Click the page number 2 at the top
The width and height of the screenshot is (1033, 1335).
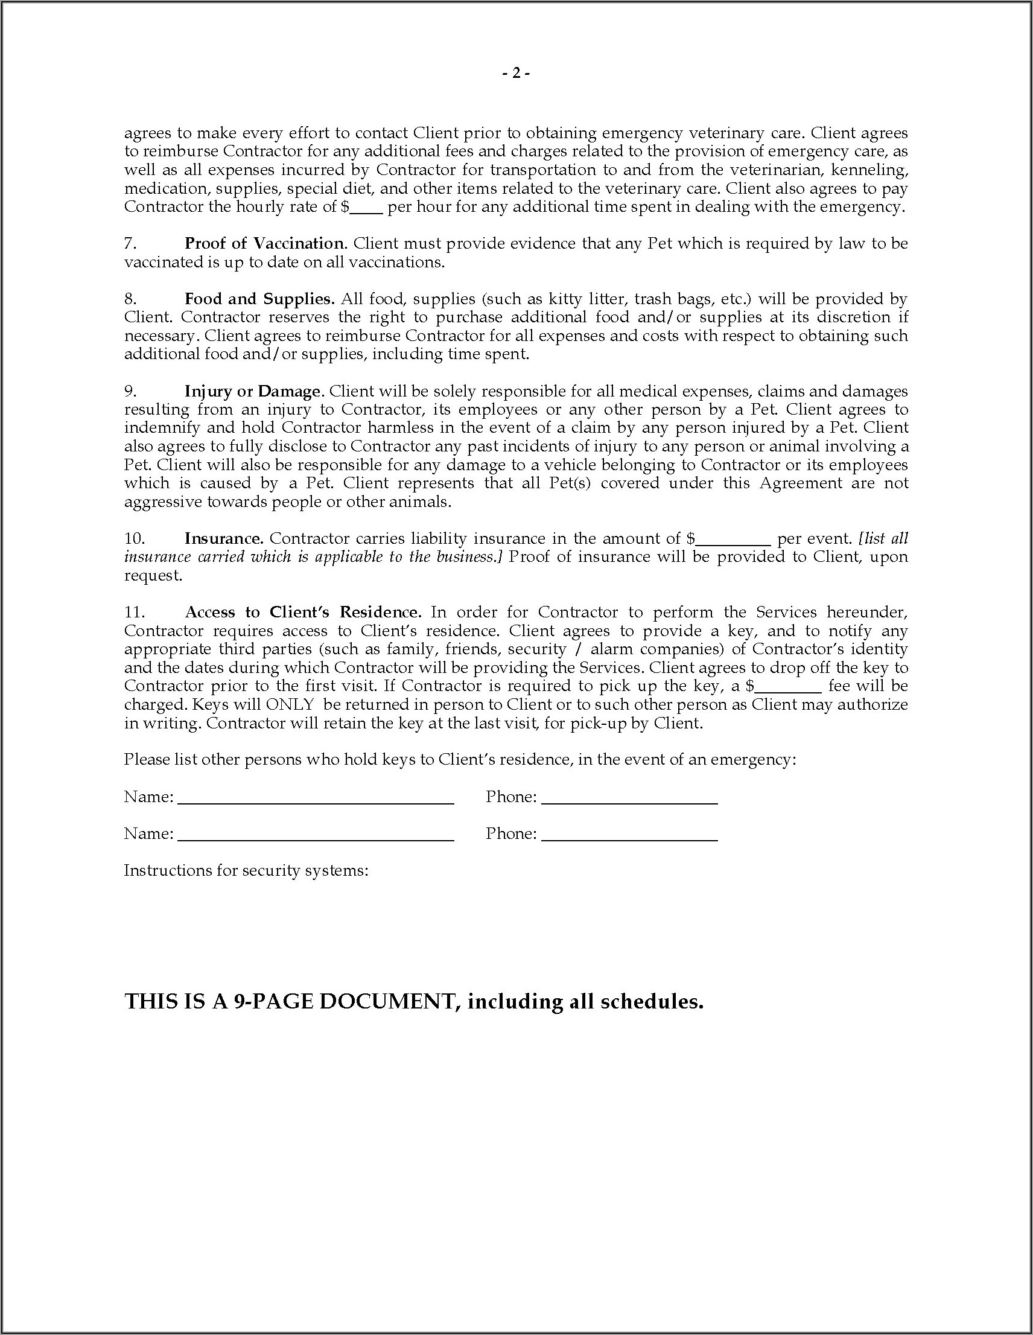(516, 74)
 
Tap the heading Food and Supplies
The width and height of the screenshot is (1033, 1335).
(259, 299)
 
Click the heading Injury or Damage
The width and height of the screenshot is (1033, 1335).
(253, 391)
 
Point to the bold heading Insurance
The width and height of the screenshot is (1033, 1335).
(224, 538)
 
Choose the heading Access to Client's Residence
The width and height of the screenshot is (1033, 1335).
(302, 612)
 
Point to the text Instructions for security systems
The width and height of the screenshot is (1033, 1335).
(246, 870)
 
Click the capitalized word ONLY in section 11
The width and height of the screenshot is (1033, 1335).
(290, 704)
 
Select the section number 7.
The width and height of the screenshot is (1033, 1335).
(130, 243)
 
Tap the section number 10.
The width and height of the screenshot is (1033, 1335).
(135, 538)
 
